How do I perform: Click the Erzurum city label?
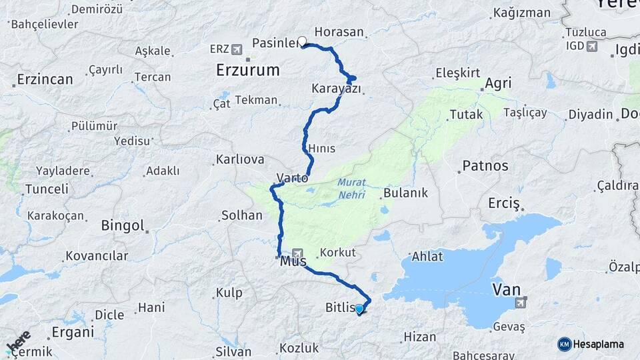tap(247, 70)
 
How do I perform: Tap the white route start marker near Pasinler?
tap(303, 42)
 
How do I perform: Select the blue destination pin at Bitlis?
tap(360, 309)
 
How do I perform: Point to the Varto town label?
tap(293, 178)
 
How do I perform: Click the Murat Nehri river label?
tap(351, 187)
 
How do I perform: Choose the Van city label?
tap(506, 289)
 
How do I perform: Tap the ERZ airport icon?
tap(237, 49)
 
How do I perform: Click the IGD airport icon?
tap(592, 45)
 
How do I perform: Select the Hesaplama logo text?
tap(599, 344)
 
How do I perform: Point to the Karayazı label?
tap(336, 89)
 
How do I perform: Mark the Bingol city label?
tap(123, 225)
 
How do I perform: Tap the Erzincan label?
tap(45, 79)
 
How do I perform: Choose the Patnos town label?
tap(485, 166)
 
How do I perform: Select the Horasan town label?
tap(339, 31)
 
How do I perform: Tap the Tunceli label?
tap(47, 189)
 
